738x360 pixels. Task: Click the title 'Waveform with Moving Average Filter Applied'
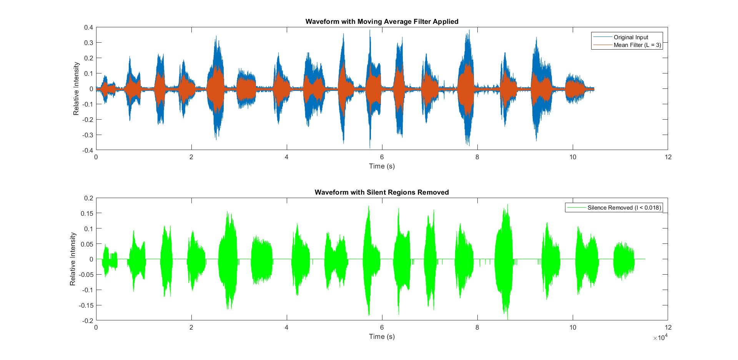(x=382, y=22)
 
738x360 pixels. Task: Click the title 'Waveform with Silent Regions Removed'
(x=382, y=192)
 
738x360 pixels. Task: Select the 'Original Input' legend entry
(x=630, y=37)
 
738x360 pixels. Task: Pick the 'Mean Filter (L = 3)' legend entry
(x=637, y=45)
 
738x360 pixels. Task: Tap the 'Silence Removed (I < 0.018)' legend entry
(x=624, y=208)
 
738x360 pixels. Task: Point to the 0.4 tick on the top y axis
(x=88, y=27)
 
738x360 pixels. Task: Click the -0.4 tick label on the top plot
(x=88, y=150)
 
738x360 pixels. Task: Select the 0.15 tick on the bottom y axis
(x=87, y=213)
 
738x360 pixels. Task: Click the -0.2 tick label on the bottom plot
(x=88, y=321)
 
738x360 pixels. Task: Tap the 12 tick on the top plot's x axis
(x=668, y=157)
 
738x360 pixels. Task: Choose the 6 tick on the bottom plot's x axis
(x=382, y=328)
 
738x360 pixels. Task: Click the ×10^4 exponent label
(x=660, y=338)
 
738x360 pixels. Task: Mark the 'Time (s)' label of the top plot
(x=382, y=166)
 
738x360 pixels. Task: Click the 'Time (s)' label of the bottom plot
(x=382, y=337)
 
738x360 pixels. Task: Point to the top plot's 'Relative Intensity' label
(x=76, y=88)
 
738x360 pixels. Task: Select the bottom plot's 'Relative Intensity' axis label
(x=73, y=259)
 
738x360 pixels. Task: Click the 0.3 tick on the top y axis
(x=88, y=43)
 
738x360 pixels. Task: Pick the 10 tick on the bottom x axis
(x=573, y=328)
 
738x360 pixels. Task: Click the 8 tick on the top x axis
(x=477, y=157)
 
